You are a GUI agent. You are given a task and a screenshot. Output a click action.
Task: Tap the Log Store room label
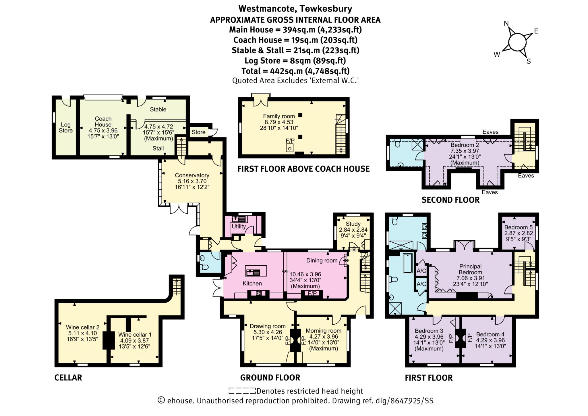tap(66, 127)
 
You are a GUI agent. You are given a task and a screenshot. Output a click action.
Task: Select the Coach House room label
tap(103, 121)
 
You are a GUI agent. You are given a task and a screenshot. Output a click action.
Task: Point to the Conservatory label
tap(192, 175)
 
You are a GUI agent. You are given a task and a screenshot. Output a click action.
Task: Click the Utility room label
tap(239, 226)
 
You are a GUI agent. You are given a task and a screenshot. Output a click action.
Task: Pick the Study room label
tap(353, 224)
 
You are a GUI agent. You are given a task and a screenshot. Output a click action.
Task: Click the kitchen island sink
tap(253, 271)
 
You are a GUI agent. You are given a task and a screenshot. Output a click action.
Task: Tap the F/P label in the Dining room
tap(312, 293)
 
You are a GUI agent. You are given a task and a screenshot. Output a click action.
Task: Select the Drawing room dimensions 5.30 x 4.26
tap(268, 332)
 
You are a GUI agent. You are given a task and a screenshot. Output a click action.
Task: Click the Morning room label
tap(323, 331)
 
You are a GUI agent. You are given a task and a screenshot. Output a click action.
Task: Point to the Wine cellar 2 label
tap(83, 327)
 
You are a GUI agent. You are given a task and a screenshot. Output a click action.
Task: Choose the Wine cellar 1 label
tap(135, 335)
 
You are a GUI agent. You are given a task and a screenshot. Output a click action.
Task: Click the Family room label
tap(279, 116)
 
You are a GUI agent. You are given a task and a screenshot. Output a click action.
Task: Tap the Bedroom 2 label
tap(465, 145)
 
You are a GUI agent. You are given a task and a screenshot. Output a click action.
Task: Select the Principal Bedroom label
tap(470, 269)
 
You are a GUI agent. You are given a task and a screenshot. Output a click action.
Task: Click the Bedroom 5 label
tap(518, 227)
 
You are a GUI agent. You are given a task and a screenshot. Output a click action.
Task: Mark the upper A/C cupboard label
tap(421, 271)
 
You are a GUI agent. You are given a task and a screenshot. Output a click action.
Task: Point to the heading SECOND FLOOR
tap(450, 200)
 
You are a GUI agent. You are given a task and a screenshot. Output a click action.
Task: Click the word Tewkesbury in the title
tap(326, 9)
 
